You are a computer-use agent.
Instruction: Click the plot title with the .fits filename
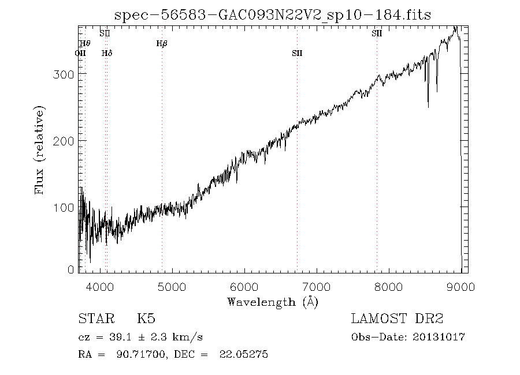coord(273,14)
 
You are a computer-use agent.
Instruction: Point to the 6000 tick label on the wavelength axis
coord(244,286)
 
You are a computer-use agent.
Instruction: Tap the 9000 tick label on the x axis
coord(460,286)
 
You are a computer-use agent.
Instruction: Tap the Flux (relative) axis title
coord(39,150)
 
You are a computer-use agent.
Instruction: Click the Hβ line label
coord(162,43)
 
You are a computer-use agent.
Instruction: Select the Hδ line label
coord(107,54)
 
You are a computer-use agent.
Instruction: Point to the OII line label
coord(80,54)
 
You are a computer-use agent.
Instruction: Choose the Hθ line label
coord(85,43)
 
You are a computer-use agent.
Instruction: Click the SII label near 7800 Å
coord(377,33)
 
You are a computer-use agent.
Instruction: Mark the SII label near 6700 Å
coord(297,54)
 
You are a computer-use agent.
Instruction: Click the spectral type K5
coord(146,319)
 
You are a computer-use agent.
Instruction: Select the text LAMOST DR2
coord(397,319)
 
